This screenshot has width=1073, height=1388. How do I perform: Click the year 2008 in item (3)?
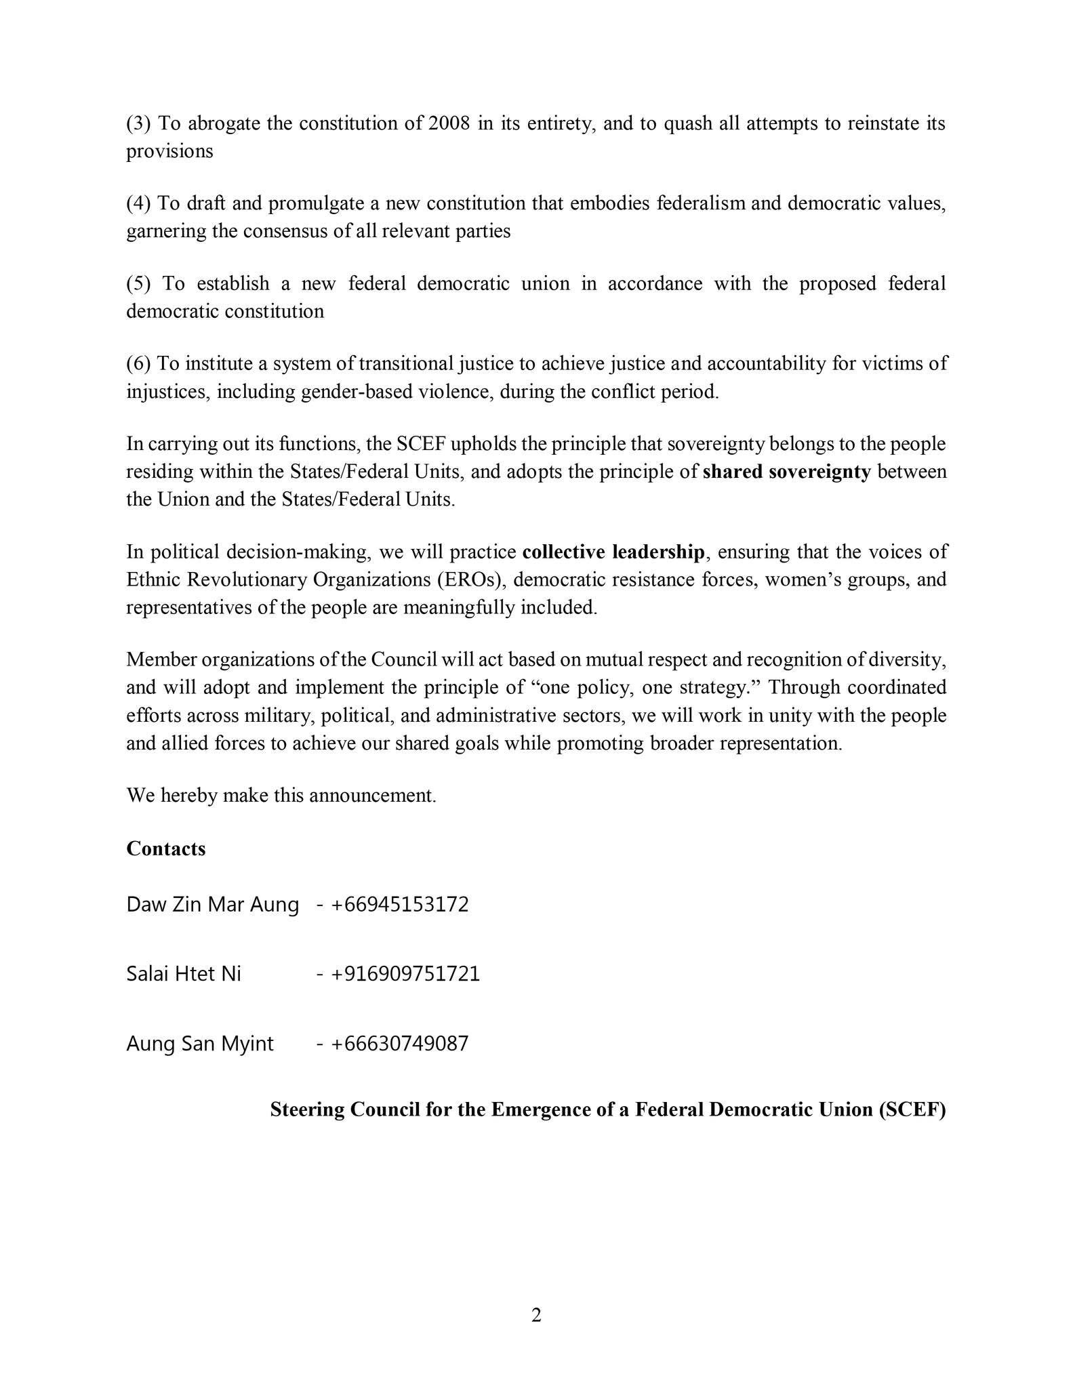[x=449, y=123]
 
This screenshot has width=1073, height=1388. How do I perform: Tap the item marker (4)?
[x=139, y=203]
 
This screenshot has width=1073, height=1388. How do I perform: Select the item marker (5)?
[x=139, y=283]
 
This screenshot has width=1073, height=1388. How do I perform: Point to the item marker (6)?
[x=139, y=364]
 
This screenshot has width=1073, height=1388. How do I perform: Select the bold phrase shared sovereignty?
[x=786, y=472]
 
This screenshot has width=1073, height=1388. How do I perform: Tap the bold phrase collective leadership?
[x=613, y=552]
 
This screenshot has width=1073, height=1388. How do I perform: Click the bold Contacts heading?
[x=165, y=849]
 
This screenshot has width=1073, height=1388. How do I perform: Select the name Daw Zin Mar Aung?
[x=212, y=905]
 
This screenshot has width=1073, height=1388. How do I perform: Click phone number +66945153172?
[x=399, y=905]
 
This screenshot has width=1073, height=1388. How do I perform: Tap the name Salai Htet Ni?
[x=184, y=974]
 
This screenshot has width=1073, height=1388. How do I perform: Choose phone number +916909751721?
[x=405, y=974]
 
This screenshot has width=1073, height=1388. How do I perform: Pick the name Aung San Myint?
[x=200, y=1043]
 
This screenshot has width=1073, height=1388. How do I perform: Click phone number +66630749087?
[x=399, y=1043]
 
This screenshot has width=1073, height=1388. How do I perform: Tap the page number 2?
[x=536, y=1315]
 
